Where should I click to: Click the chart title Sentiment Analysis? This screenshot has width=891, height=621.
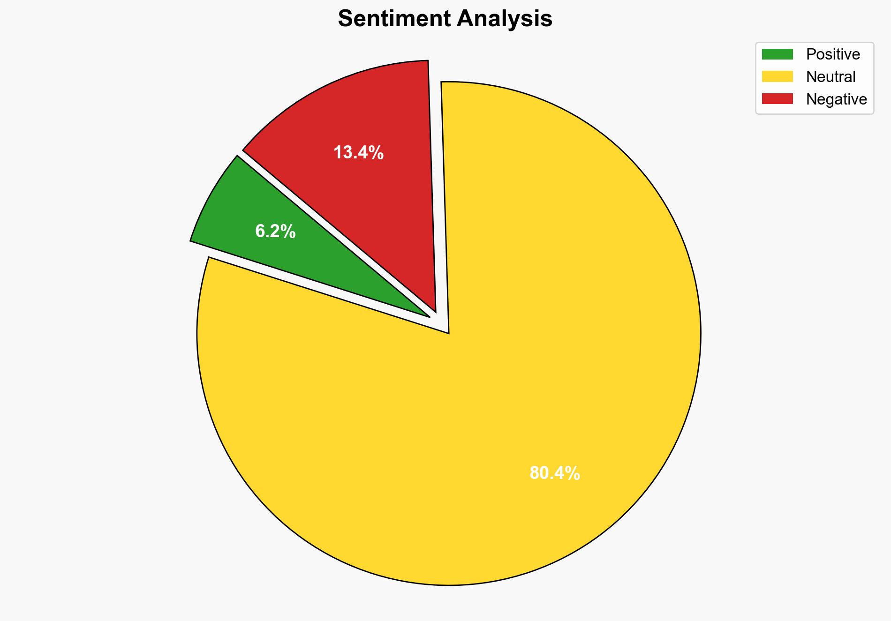[445, 19]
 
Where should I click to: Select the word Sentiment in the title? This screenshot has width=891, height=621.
[394, 19]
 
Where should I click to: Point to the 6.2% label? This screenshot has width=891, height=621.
[275, 232]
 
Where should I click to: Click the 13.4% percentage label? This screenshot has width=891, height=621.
[359, 153]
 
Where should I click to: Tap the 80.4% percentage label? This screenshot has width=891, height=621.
[555, 473]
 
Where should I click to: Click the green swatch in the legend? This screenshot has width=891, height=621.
[777, 54]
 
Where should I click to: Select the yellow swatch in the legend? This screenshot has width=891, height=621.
[777, 76]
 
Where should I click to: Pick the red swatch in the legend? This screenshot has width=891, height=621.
[777, 99]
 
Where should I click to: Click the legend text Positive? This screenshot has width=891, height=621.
[833, 54]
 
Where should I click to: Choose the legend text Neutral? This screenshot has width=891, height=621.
[831, 76]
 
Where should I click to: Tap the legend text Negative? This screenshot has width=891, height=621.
[836, 99]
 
